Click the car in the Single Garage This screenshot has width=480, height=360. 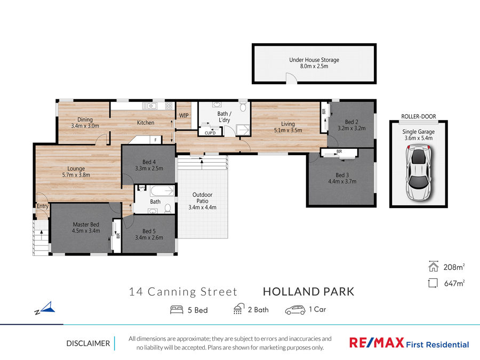pos(418,173)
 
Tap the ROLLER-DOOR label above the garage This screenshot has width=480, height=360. pos(419,116)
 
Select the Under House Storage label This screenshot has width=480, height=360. pos(314,60)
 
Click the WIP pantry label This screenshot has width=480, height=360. pos(183,115)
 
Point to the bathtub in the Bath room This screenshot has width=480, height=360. pos(162,191)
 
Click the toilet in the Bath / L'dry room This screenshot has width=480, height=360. pos(243,107)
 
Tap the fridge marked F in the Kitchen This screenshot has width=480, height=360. pos(156,140)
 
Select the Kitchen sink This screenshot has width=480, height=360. pos(150,106)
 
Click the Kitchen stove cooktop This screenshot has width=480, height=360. pos(169,106)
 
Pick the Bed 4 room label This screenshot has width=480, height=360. pos(149,162)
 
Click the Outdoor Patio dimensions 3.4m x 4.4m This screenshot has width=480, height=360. pos(202,207)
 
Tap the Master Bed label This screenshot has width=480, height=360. pos(86,225)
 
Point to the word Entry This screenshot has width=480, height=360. pos(43,206)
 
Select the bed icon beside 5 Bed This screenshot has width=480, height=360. pos(177,309)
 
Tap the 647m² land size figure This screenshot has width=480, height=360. pos(454,283)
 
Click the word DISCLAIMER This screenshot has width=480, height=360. pos(88,343)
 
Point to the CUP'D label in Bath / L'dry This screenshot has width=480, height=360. pos(210,133)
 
